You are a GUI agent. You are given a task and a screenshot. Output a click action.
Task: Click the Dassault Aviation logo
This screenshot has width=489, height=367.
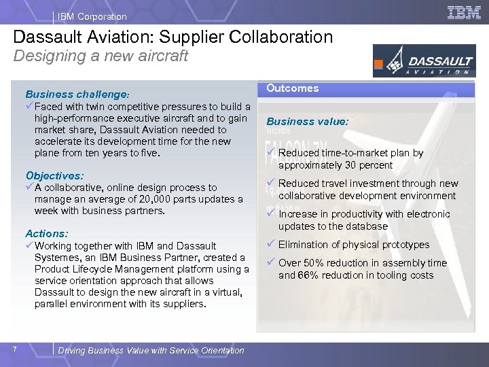423,60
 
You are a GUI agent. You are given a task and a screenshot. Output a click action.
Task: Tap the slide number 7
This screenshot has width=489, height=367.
14,349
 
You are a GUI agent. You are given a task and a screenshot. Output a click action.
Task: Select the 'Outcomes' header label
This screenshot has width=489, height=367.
292,88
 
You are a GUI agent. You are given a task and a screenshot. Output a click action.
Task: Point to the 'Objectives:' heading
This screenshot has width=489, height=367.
54,175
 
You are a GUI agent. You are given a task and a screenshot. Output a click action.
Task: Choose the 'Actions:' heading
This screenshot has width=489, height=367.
47,233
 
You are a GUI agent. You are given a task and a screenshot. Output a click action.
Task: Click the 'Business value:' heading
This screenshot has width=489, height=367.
307,122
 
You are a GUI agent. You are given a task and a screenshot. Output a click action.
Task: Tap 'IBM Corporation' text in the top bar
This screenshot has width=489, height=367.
92,16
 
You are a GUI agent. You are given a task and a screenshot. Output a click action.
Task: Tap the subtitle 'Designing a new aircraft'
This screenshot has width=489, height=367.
101,56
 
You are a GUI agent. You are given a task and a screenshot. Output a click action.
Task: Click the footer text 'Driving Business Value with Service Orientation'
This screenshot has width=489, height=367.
151,351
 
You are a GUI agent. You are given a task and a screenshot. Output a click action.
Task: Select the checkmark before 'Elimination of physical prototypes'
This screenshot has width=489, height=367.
270,244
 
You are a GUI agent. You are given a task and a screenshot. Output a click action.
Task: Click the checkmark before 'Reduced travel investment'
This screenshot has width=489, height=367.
270,183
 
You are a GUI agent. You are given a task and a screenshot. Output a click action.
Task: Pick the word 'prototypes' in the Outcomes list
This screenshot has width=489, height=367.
405,245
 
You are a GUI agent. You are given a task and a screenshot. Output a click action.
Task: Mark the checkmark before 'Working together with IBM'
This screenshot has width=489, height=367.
29,245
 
